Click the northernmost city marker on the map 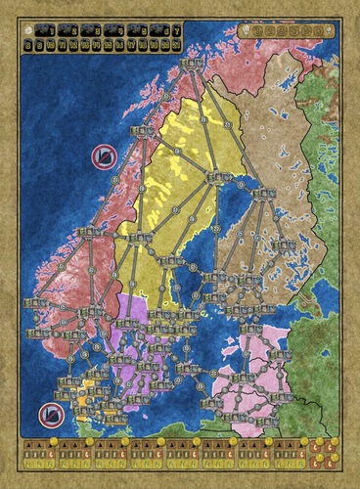click(x=193, y=65)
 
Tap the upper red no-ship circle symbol click(x=102, y=156)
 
